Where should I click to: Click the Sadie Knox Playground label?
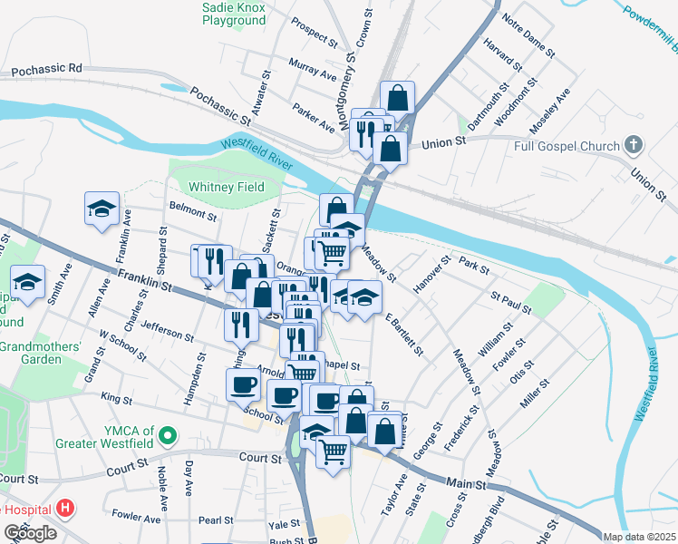(x=234, y=13)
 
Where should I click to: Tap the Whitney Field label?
(x=227, y=187)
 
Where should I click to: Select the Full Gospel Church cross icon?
(x=634, y=145)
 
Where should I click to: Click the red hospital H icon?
(x=64, y=509)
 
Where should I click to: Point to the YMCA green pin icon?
(x=166, y=437)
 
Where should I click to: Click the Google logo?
(x=30, y=533)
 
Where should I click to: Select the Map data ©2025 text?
(x=639, y=537)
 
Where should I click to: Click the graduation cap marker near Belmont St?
(x=102, y=208)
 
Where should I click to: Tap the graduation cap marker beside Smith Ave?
(x=28, y=281)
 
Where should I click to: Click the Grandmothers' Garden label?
(x=42, y=353)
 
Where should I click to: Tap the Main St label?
(x=465, y=483)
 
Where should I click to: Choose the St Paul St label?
(x=511, y=302)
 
